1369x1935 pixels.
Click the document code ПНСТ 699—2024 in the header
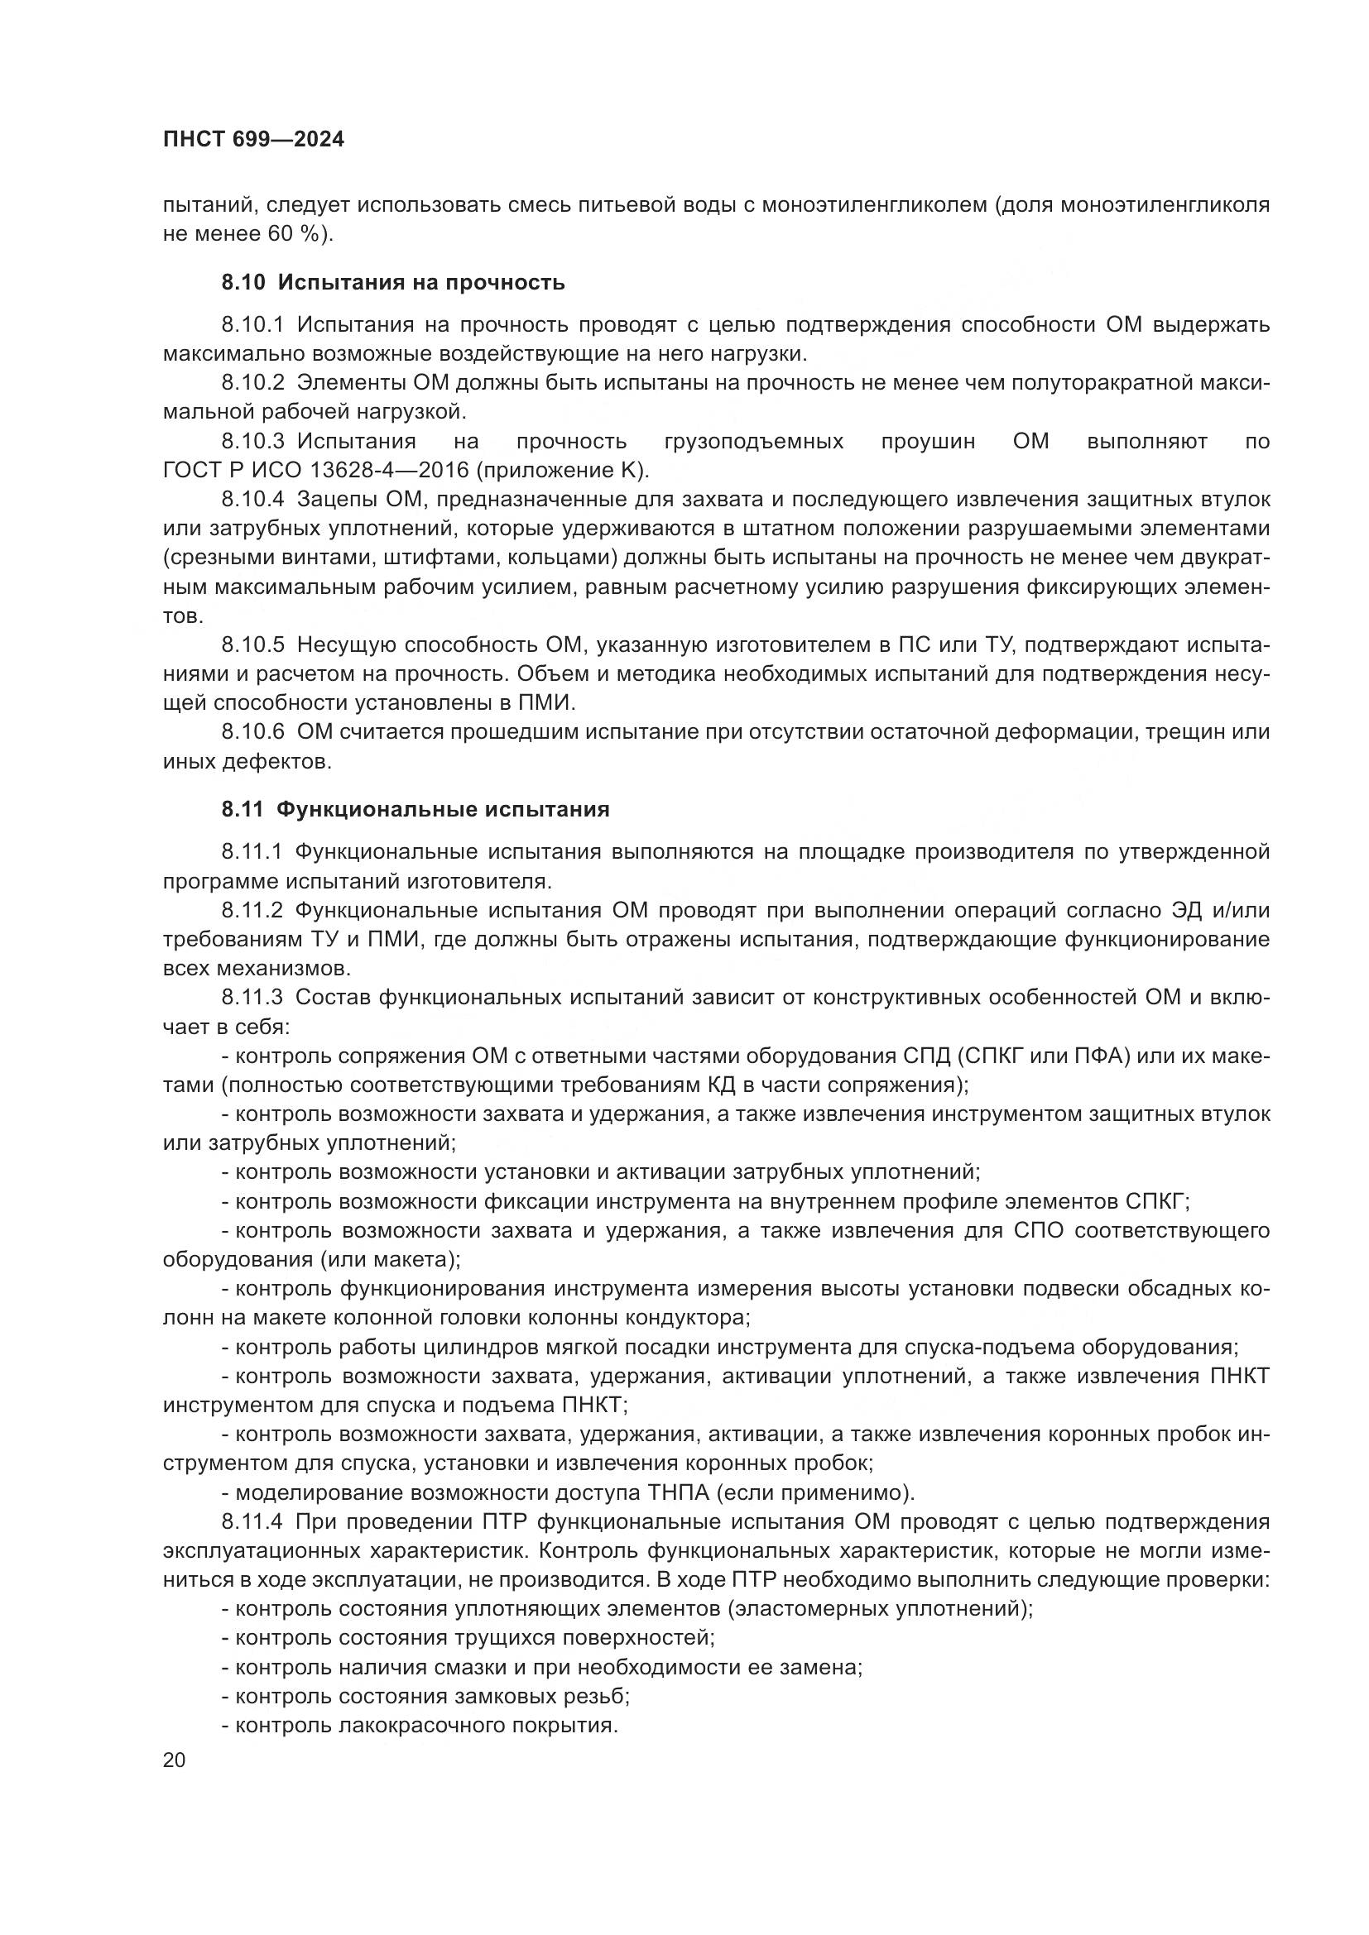tap(253, 140)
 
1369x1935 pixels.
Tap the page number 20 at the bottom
tap(174, 1760)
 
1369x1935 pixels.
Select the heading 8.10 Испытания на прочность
tap(393, 282)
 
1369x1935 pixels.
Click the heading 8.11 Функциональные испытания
tap(415, 810)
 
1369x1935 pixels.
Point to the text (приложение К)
tap(567, 470)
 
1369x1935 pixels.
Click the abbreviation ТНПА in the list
tap(681, 1492)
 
